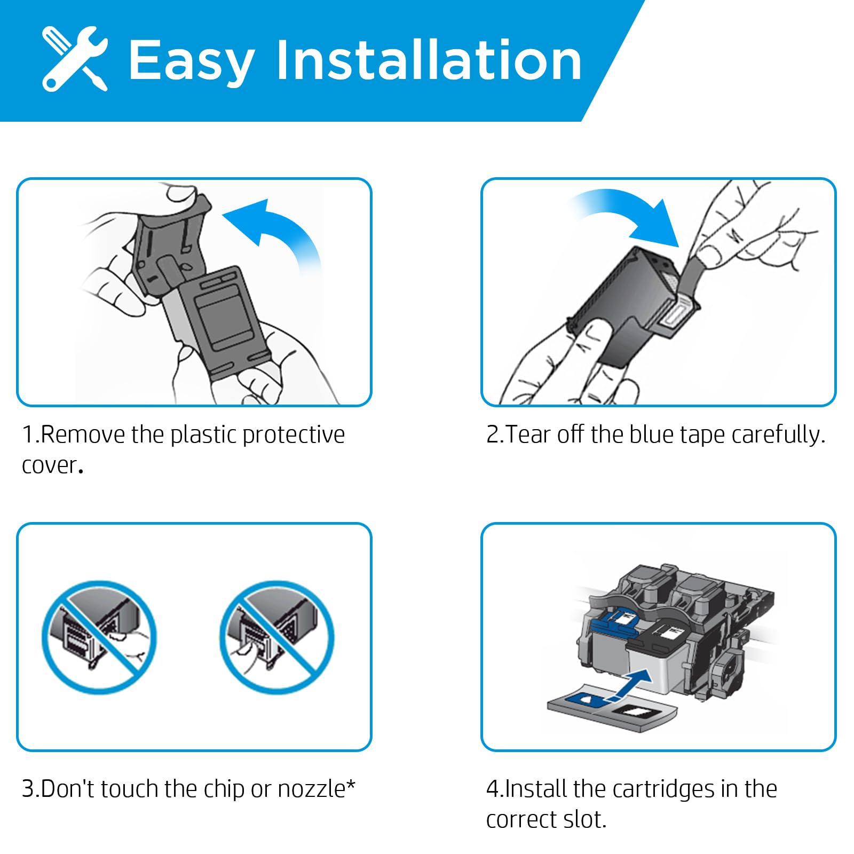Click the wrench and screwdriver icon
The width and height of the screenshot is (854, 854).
[75, 59]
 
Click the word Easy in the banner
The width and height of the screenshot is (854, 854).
[191, 62]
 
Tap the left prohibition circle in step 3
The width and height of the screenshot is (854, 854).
[99, 637]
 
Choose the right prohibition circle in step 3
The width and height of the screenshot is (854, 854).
[277, 637]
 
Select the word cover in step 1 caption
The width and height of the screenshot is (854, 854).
[49, 466]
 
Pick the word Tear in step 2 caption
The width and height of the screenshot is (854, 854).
[528, 434]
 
